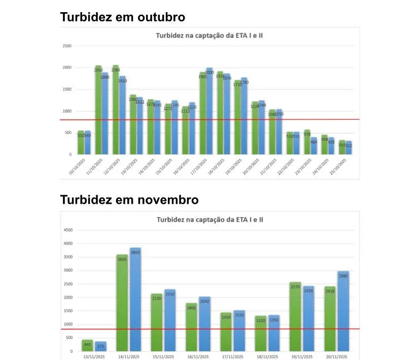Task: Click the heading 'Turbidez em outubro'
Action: click(x=122, y=17)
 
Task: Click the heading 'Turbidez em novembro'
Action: click(x=129, y=199)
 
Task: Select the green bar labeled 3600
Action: click(x=122, y=304)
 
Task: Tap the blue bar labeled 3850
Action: click(x=135, y=299)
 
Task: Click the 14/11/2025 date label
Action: click(x=128, y=356)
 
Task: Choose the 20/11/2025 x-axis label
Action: click(x=336, y=356)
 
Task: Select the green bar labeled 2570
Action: click(x=295, y=317)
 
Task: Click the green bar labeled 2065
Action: click(x=115, y=112)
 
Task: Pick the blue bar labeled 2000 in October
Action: click(x=209, y=112)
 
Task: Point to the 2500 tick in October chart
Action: click(x=67, y=46)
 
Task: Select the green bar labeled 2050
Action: click(x=98, y=112)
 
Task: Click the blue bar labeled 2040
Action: click(x=204, y=325)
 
